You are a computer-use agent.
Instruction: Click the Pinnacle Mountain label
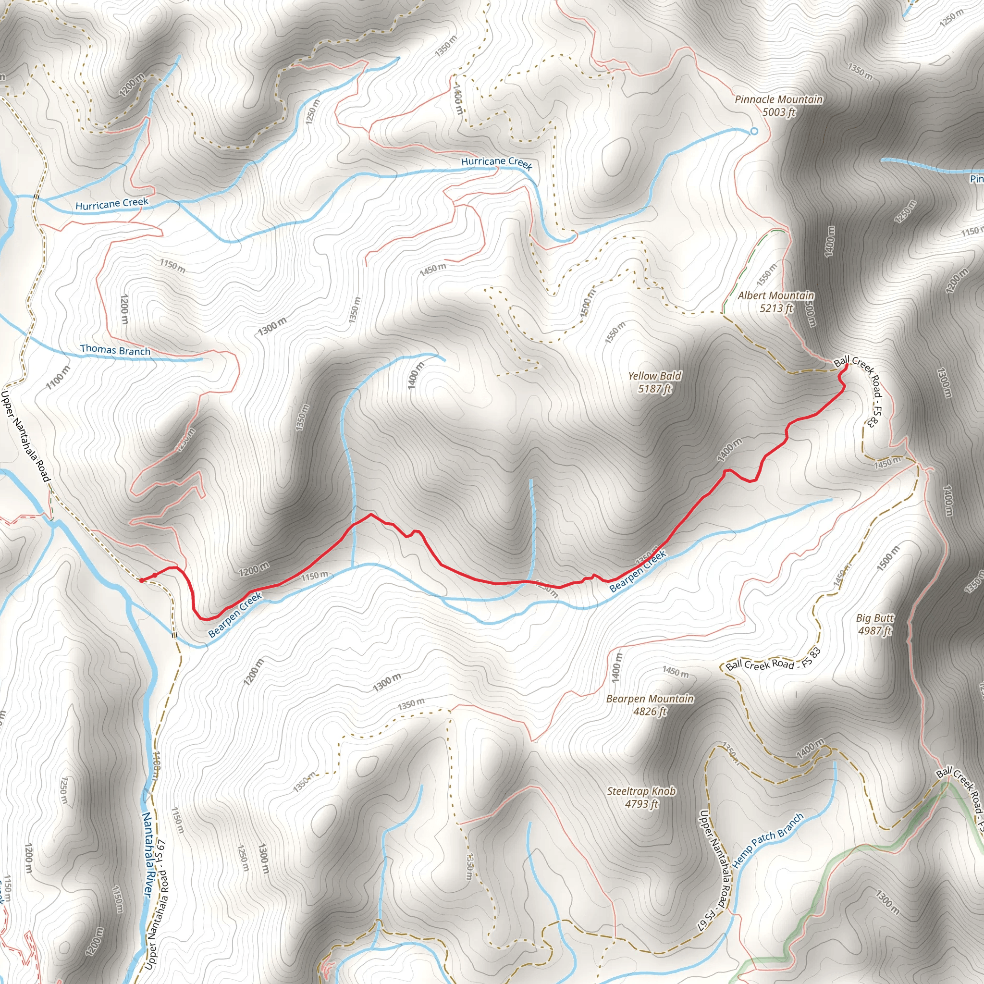[778, 99]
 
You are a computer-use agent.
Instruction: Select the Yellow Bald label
[654, 376]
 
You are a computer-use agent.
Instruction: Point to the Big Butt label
[875, 618]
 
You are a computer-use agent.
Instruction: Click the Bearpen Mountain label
[650, 699]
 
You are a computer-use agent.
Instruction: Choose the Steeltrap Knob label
[641, 791]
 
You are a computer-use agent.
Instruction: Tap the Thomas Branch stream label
[115, 350]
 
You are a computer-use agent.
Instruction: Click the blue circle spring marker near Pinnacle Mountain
[754, 131]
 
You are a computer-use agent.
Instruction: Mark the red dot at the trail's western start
[142, 579]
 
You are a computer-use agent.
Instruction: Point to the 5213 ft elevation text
[776, 308]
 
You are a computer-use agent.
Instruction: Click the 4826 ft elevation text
[650, 712]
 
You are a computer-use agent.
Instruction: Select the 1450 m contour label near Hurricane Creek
[433, 269]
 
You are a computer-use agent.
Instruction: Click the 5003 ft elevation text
[778, 112]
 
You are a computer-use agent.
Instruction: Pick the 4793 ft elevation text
[641, 804]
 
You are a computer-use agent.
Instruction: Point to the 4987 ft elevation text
[875, 630]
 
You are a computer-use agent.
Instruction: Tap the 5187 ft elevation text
[654, 389]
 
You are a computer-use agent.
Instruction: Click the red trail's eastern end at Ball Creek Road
[846, 366]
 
